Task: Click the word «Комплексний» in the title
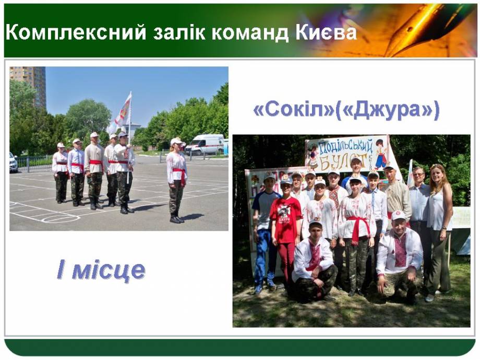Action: click(76, 33)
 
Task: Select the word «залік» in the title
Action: click(179, 32)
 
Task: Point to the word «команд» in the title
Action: click(250, 32)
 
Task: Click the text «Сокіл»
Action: click(294, 109)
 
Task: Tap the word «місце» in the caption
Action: click(108, 270)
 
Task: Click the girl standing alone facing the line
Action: click(177, 181)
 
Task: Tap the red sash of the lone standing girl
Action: click(179, 175)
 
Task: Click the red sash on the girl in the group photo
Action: click(357, 228)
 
